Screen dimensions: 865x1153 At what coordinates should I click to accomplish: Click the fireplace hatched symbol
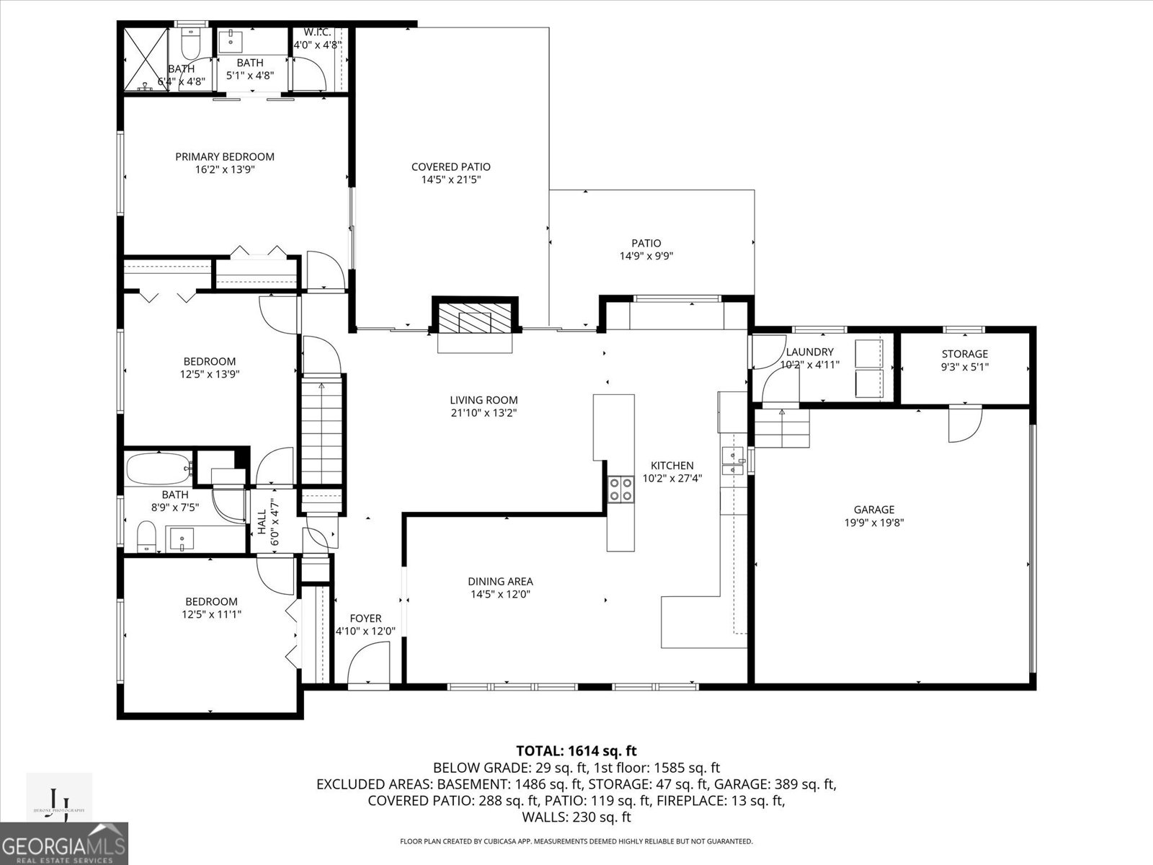point(474,316)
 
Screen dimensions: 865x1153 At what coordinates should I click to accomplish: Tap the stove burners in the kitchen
point(621,489)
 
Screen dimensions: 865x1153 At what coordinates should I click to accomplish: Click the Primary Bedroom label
point(225,156)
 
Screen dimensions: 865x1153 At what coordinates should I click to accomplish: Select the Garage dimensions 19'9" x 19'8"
point(874,523)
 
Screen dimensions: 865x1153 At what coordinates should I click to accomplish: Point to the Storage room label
point(964,354)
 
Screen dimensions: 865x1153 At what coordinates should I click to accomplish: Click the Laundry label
point(809,352)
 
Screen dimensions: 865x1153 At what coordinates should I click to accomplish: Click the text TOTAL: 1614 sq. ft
point(576,751)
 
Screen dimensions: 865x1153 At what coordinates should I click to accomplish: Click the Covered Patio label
point(450,167)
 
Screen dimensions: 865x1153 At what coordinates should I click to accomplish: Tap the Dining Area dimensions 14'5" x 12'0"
point(501,595)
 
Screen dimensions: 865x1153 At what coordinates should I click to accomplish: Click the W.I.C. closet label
point(317,32)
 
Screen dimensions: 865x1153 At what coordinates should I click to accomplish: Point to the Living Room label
point(484,400)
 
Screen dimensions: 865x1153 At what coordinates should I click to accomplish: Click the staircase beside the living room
point(322,432)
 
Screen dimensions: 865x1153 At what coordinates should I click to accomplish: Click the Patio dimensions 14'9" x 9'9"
point(646,256)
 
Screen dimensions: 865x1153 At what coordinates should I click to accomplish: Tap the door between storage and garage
point(964,423)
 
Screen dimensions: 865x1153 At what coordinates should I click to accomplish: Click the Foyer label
point(365,618)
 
